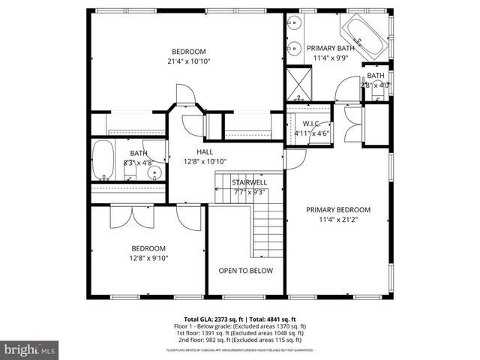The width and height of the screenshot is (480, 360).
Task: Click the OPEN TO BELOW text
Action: click(245, 271)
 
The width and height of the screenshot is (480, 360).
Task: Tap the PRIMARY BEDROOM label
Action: click(338, 210)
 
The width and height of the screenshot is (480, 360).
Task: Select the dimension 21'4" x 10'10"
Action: click(188, 61)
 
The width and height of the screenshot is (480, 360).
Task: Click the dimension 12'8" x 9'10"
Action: click(149, 258)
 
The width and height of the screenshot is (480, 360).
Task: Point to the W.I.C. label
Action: click(311, 124)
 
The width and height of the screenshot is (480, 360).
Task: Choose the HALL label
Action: click(205, 151)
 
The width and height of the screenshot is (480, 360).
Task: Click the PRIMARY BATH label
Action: click(328, 47)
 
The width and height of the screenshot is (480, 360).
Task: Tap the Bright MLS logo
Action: click(30, 349)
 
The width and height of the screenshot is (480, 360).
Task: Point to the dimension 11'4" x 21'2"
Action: click(338, 220)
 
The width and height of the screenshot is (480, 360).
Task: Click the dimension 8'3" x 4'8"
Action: click(138, 162)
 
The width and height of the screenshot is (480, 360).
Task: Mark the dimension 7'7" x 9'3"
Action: click(248, 191)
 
